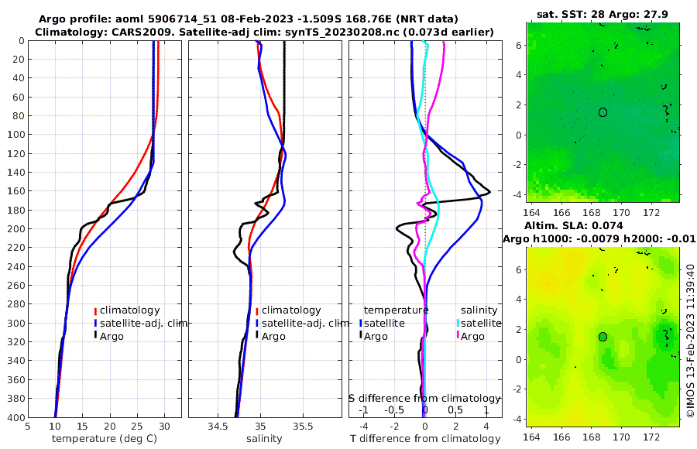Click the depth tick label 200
(15, 229)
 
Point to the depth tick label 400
(15, 417)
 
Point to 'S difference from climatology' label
(424, 398)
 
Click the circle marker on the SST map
(603, 112)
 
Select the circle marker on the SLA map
(603, 337)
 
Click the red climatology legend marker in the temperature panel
(95, 310)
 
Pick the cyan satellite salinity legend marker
(458, 323)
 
